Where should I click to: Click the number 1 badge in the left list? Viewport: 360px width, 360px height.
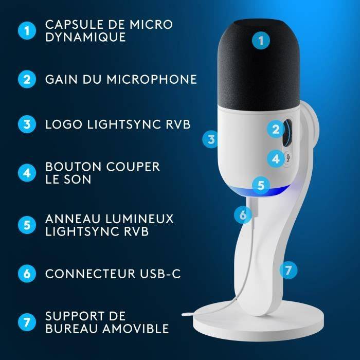[x=27, y=31]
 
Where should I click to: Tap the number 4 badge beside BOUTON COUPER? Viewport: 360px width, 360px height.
[x=27, y=173]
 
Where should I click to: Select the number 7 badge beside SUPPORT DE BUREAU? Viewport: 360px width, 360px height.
[x=27, y=321]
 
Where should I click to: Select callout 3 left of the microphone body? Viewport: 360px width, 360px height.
[x=210, y=138]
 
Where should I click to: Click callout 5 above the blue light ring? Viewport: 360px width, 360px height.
[x=261, y=185]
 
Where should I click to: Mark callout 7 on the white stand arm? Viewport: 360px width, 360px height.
[x=289, y=269]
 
